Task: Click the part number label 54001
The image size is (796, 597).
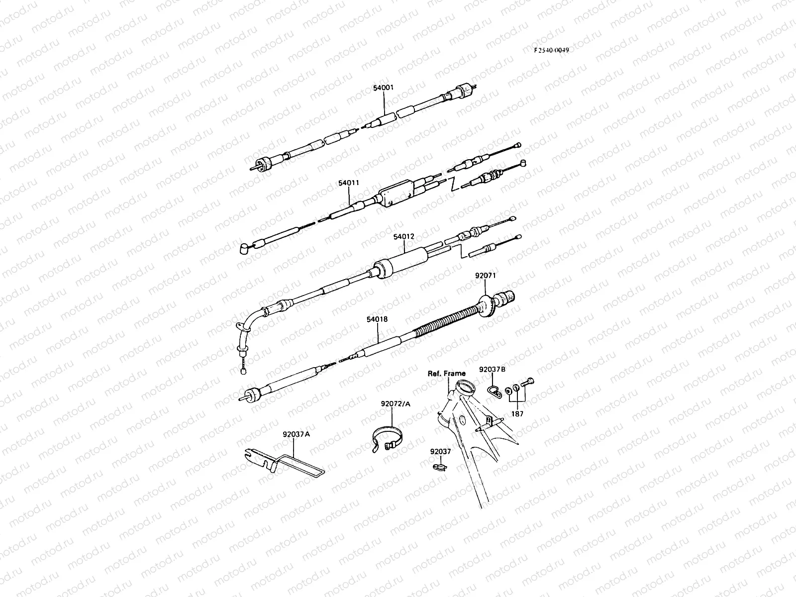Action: [383, 88]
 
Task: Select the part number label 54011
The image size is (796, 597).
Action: [349, 183]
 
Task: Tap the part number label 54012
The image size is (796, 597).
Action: [403, 237]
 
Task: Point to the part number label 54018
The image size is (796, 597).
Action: [378, 319]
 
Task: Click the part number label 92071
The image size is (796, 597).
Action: [486, 275]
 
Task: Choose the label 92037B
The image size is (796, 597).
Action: [492, 370]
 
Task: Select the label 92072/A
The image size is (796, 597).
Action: [396, 403]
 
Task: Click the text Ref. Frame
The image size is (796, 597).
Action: [447, 373]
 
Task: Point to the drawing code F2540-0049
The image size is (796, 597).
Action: [551, 50]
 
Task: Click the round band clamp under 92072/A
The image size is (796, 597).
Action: [388, 438]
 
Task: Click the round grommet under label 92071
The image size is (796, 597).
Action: [488, 304]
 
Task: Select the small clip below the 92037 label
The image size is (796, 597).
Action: [438, 467]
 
